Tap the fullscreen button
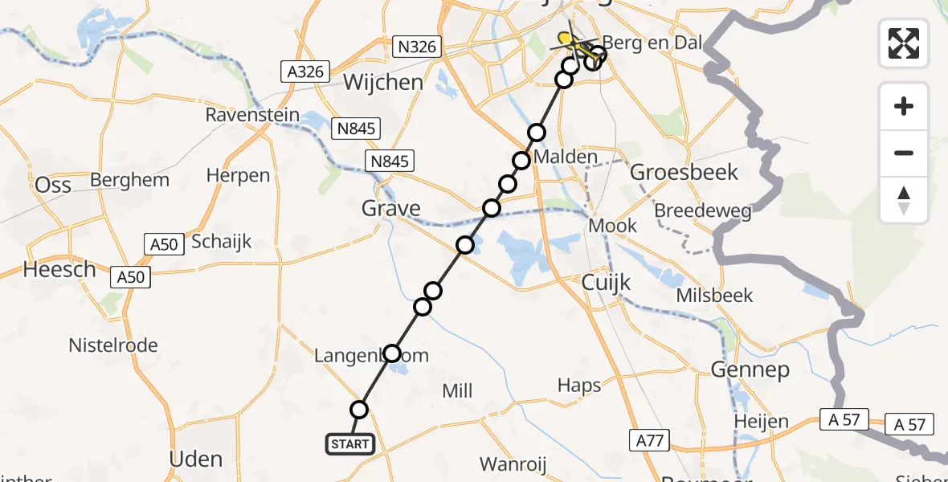(904, 43)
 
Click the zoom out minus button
(904, 153)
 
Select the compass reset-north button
(904, 200)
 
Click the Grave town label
(391, 209)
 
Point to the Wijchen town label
(383, 82)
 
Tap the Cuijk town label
(607, 282)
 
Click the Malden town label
(566, 157)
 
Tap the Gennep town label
(750, 370)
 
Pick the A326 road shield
(306, 71)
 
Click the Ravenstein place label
(252, 115)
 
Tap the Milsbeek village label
(715, 295)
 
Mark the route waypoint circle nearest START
(359, 410)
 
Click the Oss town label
(53, 185)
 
